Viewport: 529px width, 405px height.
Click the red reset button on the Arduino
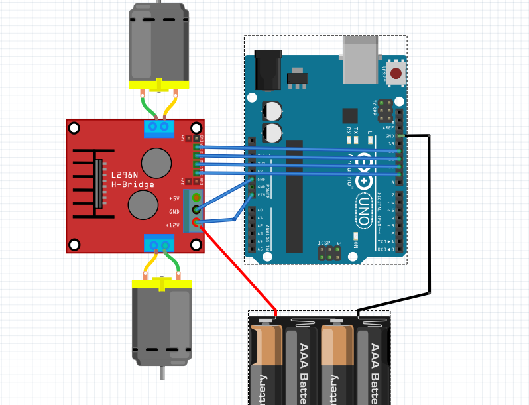[x=396, y=73]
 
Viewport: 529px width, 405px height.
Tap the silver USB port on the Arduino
[x=361, y=59]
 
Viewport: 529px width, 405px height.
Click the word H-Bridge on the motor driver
[x=133, y=184]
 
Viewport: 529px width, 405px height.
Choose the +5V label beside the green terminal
[x=174, y=198]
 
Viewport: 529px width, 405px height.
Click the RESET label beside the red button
[x=384, y=73]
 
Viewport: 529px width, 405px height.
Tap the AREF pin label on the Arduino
[x=388, y=128]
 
